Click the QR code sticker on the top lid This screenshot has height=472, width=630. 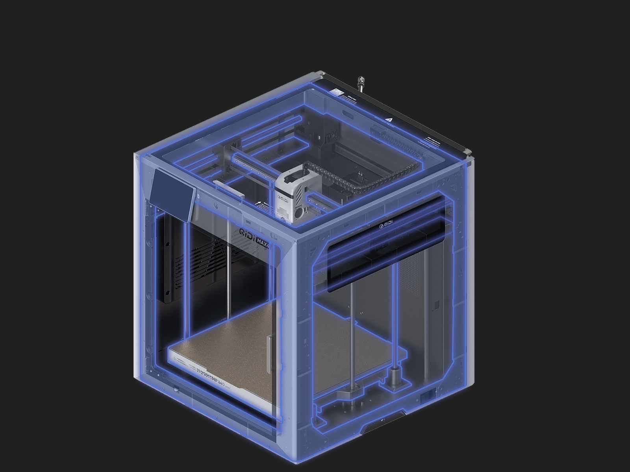[337, 91]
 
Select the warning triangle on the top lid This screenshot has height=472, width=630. [389, 116]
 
